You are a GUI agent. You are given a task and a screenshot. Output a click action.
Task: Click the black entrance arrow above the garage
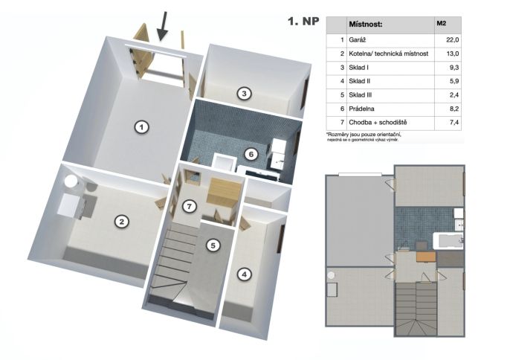(163, 27)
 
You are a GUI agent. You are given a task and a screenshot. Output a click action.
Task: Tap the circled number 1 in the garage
(141, 126)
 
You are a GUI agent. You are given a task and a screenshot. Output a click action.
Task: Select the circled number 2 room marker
(122, 222)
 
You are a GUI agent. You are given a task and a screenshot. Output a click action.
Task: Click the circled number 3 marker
(244, 94)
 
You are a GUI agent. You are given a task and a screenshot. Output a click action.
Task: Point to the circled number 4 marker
(245, 274)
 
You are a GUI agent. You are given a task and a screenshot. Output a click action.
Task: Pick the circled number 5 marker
(213, 245)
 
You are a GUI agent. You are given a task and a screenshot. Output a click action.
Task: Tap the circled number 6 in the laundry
(251, 154)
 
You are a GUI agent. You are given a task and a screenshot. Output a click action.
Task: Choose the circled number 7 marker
(190, 206)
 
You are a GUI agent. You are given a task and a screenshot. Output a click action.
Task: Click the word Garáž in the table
(358, 40)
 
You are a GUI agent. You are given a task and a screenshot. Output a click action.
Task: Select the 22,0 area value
(453, 40)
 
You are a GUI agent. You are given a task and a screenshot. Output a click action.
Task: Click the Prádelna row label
(361, 109)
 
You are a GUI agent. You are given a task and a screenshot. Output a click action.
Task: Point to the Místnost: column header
(366, 24)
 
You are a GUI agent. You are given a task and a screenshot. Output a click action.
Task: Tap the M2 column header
(442, 23)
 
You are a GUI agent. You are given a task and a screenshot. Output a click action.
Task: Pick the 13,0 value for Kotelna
(453, 54)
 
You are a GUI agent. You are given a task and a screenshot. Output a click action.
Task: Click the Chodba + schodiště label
(378, 123)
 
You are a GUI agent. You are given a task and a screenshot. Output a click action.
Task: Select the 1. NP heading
(303, 21)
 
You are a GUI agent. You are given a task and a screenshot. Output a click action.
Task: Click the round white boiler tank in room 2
(70, 181)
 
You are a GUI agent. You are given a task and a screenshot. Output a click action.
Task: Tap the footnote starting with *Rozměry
(364, 137)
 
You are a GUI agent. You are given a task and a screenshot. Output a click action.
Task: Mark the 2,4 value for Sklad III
(454, 95)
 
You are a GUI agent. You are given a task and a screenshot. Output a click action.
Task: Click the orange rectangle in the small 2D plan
(426, 257)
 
